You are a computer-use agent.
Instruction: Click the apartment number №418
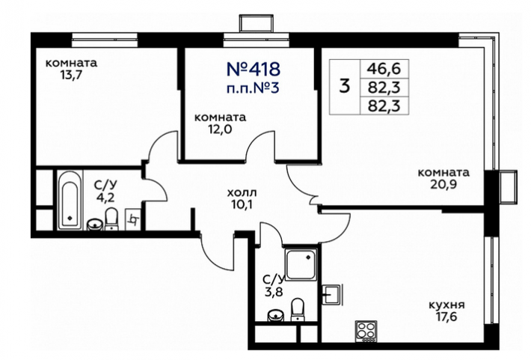(x=253, y=69)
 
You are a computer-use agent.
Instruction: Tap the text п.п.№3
(x=253, y=88)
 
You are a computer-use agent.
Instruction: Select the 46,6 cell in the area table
(x=384, y=69)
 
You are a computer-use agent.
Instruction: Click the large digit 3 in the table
(x=345, y=86)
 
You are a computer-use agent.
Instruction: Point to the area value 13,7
(x=71, y=75)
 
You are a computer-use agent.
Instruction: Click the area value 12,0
(x=220, y=129)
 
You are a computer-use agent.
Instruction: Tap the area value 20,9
(x=443, y=184)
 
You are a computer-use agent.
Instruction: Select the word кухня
(x=446, y=305)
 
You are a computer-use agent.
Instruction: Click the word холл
(x=242, y=193)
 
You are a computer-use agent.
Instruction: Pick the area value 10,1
(x=242, y=205)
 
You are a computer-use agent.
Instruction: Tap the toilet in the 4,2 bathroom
(x=111, y=219)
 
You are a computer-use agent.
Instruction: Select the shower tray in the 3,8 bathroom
(x=301, y=264)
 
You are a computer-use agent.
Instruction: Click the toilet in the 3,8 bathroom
(x=298, y=309)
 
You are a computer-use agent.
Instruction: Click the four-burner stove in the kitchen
(x=366, y=331)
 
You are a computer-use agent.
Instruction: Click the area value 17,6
(x=446, y=317)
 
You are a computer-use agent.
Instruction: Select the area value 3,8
(x=273, y=292)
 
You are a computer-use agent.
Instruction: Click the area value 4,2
(x=105, y=197)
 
